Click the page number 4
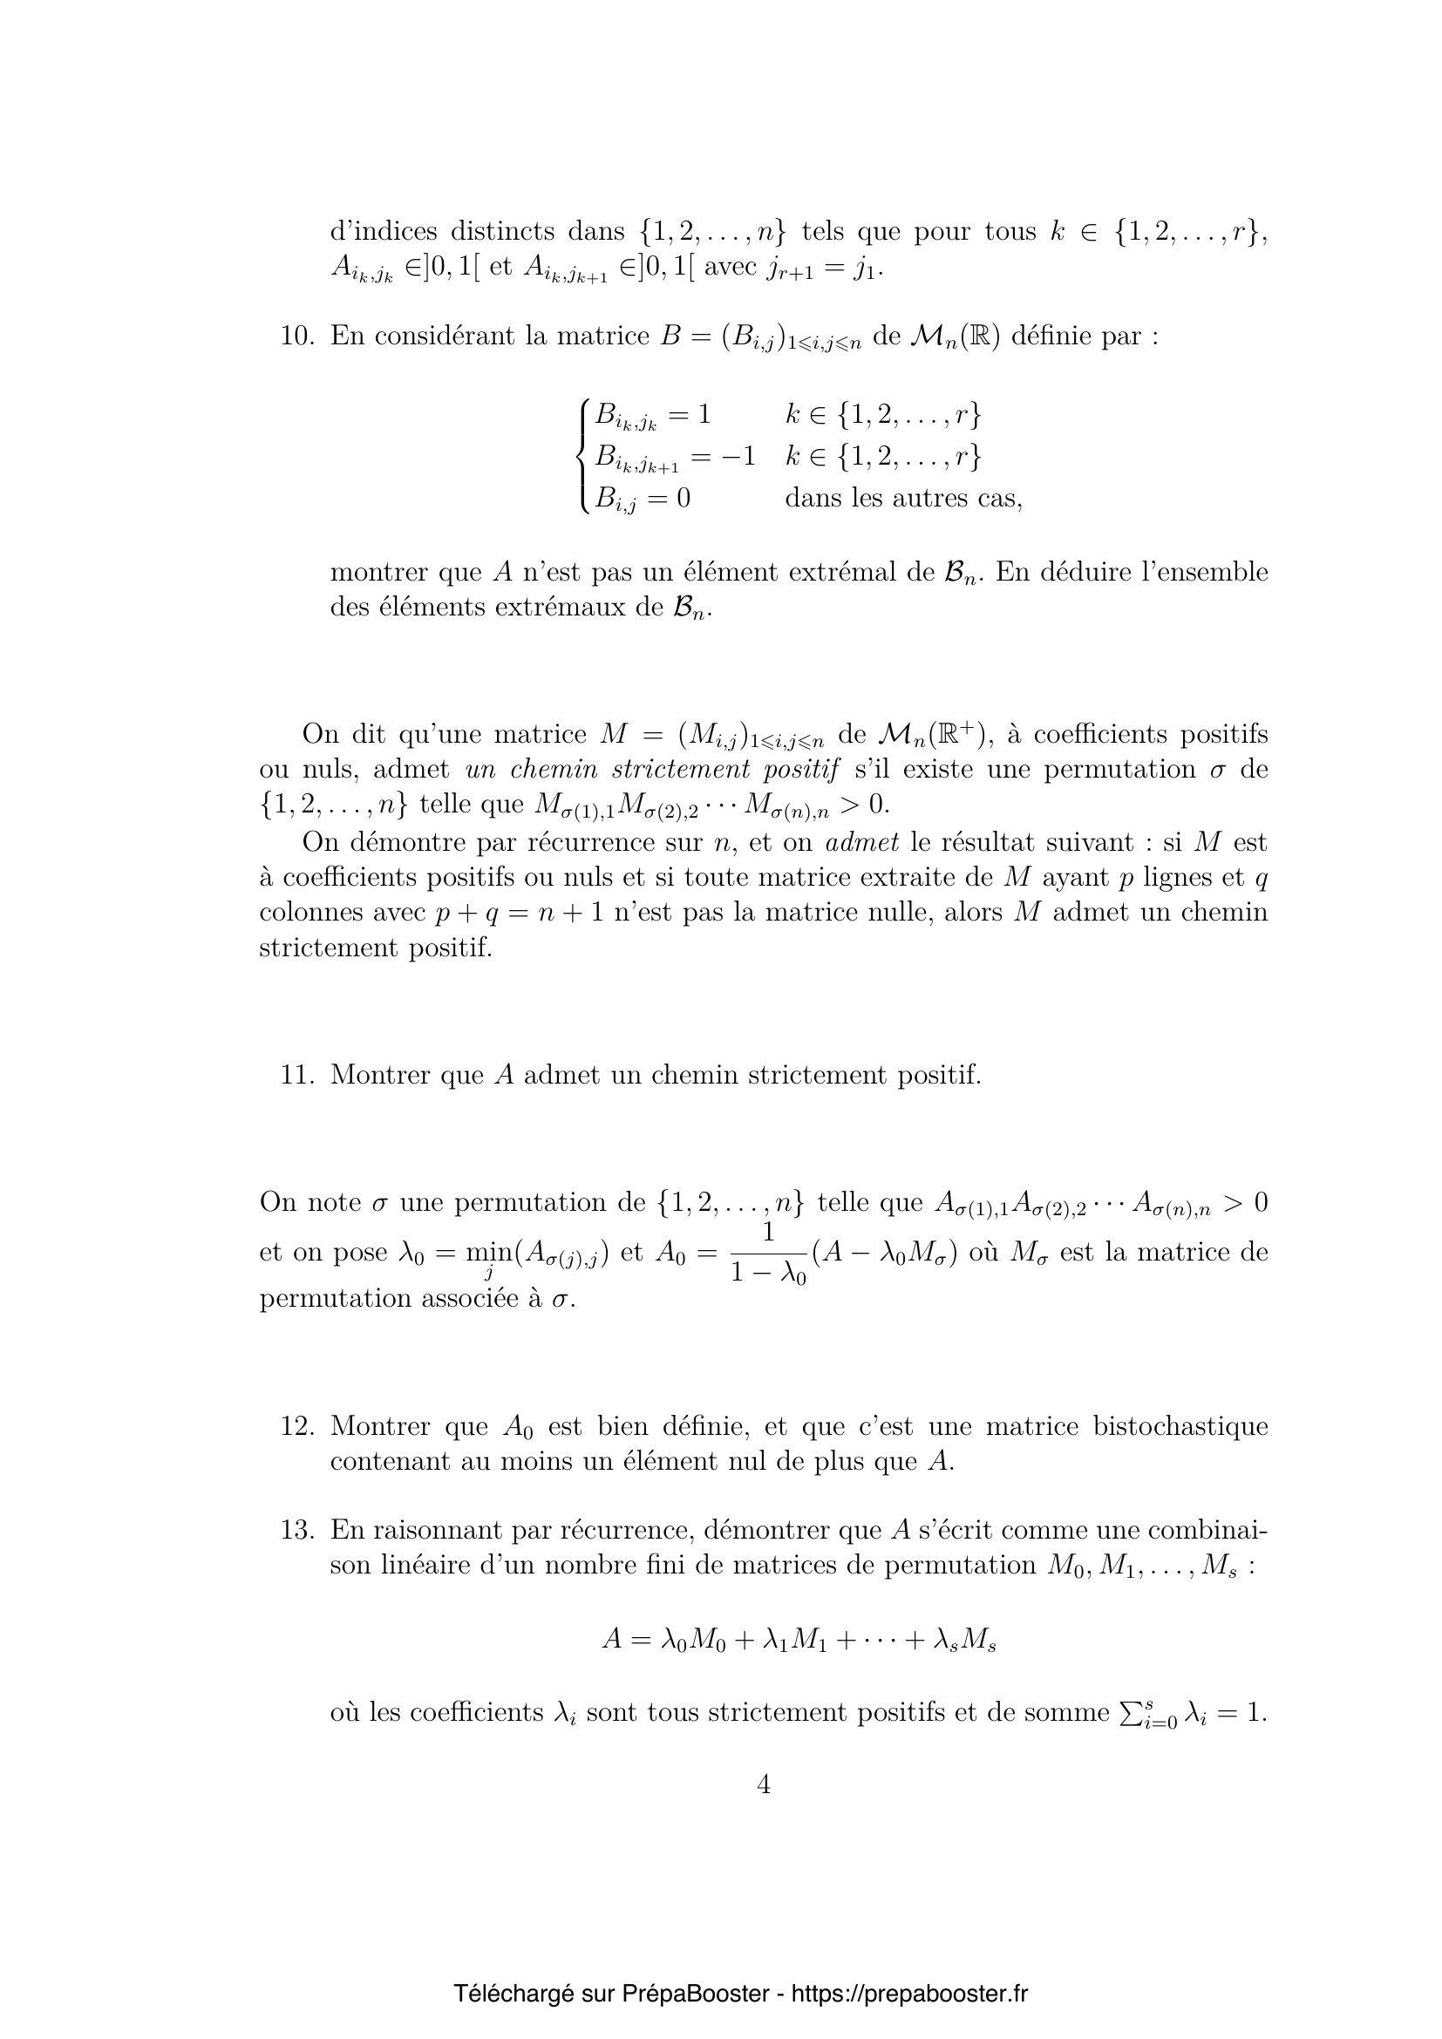(764, 1784)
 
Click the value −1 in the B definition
(737, 457)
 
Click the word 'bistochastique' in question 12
(1180, 1426)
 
